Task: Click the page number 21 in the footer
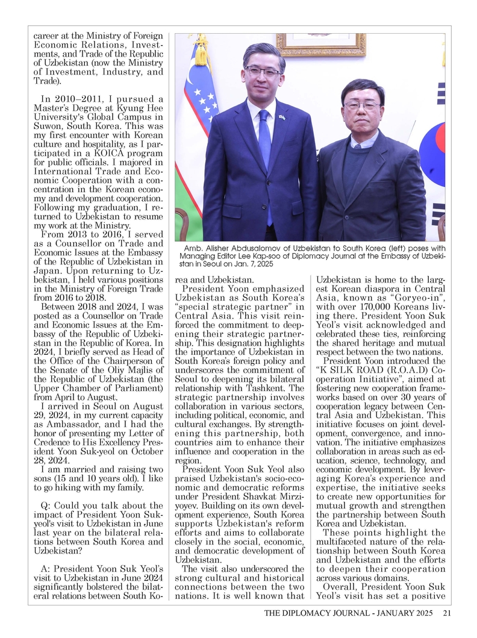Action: pos(446,613)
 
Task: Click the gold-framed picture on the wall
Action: pos(320,44)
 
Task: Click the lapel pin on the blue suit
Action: pos(281,117)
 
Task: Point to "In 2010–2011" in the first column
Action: pos(66,99)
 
